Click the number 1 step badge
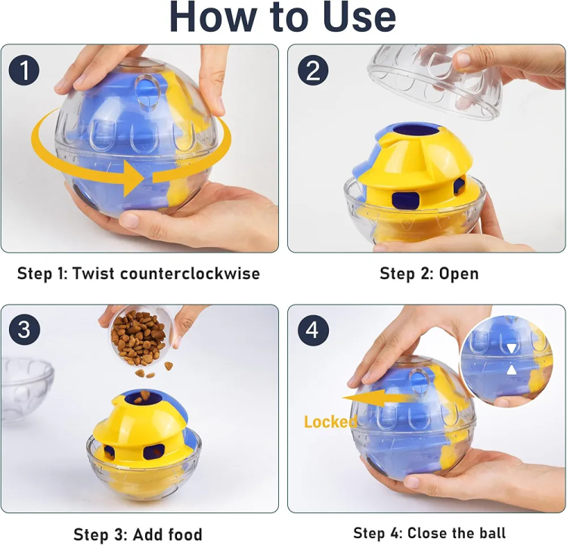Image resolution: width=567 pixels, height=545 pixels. click(24, 70)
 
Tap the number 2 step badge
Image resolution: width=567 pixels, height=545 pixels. click(313, 70)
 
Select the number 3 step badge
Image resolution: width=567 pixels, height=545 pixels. click(24, 330)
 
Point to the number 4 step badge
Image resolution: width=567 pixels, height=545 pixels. click(313, 330)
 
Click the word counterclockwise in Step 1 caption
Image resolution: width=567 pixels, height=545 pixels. click(190, 274)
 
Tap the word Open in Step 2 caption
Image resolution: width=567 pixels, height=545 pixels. click(459, 274)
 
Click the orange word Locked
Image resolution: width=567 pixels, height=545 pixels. click(330, 422)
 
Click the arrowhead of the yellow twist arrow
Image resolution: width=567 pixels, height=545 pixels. click(135, 178)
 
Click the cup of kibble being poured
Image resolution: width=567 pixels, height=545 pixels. click(138, 336)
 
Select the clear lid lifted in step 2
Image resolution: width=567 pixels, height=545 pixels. click(434, 80)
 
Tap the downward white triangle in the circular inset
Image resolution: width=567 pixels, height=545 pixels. click(511, 348)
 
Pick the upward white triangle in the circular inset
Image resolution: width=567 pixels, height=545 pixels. click(511, 370)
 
